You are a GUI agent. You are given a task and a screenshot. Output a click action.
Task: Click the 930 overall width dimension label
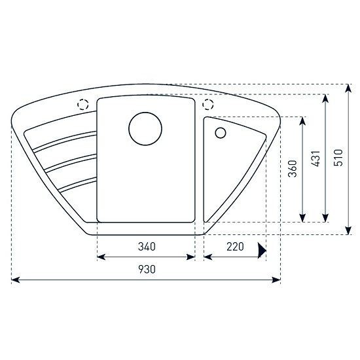click(147, 269)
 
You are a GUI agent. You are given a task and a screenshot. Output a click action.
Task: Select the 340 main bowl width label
click(147, 247)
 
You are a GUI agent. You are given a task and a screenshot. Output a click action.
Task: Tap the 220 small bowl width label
click(235, 247)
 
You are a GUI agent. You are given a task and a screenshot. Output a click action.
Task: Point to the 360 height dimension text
click(293, 169)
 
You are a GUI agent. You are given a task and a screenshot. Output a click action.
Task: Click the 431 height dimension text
click(315, 158)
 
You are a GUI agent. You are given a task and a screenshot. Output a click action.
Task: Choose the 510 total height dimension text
click(338, 158)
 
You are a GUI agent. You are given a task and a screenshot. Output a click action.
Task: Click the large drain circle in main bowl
click(145, 128)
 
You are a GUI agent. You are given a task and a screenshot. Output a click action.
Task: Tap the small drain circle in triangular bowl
click(221, 133)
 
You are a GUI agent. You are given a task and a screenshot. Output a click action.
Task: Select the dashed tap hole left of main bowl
click(83, 105)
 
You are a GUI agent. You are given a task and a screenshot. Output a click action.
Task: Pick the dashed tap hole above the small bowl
click(208, 105)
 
